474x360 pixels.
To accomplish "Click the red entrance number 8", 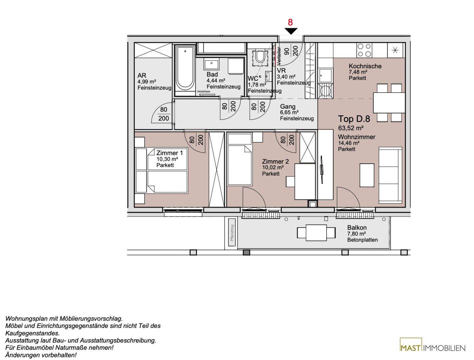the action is (x=290, y=22).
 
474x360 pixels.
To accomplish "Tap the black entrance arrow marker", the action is (x=291, y=31).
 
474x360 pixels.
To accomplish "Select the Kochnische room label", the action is (x=365, y=66).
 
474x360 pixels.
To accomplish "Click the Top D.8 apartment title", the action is (x=354, y=119).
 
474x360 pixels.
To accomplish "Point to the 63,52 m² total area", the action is (x=351, y=128).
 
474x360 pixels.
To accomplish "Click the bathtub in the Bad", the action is (x=185, y=70).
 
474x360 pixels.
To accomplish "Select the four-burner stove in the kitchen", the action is (x=364, y=50).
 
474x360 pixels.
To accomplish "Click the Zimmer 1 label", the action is (x=170, y=153).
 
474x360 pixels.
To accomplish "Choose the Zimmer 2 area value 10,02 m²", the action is (x=273, y=167).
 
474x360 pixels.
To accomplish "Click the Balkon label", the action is (x=357, y=228).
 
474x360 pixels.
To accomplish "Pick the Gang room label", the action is (x=288, y=107).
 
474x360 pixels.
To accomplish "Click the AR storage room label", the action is (x=142, y=76).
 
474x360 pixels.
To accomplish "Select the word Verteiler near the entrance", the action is (x=279, y=56).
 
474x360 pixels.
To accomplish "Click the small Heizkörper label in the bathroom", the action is (x=204, y=92).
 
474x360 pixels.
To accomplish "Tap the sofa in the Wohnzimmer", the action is (x=390, y=175).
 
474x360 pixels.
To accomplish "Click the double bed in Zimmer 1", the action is (x=161, y=170).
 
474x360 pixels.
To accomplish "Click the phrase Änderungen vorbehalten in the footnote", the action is (x=41, y=355).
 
